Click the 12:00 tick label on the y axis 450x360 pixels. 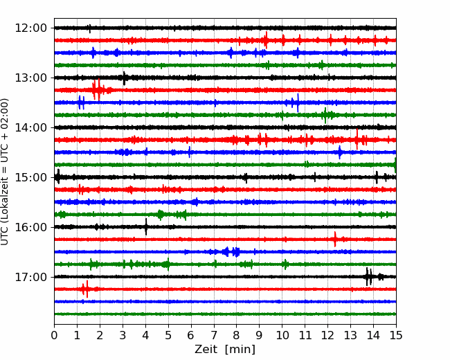point(30,28)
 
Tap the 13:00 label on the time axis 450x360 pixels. point(30,78)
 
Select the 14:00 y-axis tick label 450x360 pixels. point(30,127)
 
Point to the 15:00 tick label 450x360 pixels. point(30,177)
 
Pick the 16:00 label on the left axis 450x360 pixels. point(30,227)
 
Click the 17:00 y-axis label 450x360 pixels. point(30,277)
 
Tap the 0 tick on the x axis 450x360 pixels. point(54,335)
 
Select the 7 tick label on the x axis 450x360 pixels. point(214,335)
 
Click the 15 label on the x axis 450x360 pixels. point(396,335)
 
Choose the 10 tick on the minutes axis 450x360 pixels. point(282,335)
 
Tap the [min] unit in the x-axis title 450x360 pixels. point(240,350)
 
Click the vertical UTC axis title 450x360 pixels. point(4,172)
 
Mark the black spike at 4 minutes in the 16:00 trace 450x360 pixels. point(146,227)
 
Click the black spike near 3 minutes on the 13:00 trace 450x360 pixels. point(124,78)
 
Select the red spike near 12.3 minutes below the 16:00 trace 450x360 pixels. point(335,239)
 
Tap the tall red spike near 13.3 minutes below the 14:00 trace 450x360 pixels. point(357,139)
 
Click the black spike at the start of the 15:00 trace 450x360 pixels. point(58,177)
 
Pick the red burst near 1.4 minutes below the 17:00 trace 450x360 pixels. point(86,289)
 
